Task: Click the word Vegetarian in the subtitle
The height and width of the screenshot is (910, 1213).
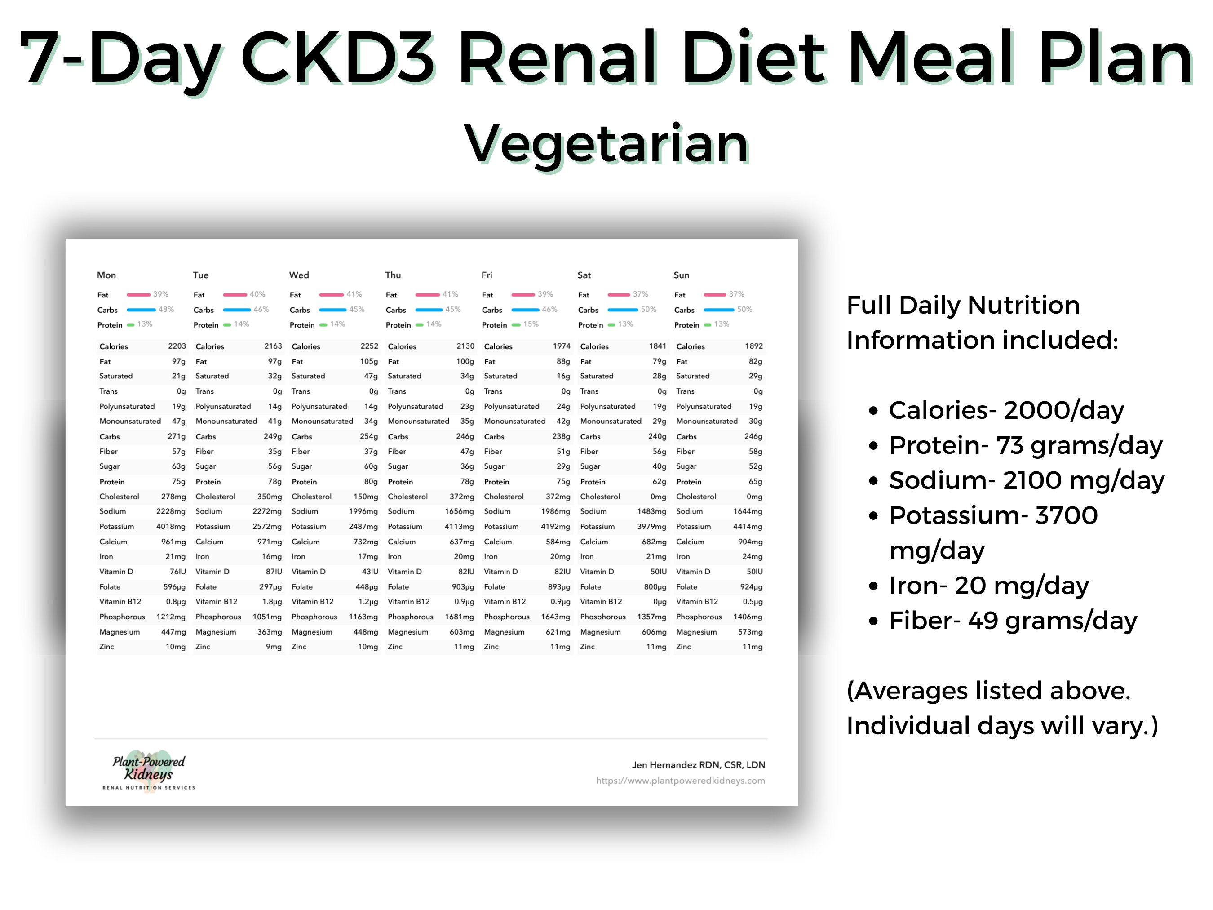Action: coord(606,144)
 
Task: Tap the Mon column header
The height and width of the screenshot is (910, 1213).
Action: coord(106,275)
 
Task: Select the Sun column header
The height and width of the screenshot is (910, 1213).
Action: coord(681,275)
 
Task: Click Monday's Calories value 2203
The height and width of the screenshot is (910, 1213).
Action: coord(177,346)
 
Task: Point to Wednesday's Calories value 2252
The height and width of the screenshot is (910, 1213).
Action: coord(369,346)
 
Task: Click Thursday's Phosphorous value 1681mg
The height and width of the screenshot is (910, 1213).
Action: coord(459,617)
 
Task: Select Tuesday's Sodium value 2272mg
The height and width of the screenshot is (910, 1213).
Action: coord(266,511)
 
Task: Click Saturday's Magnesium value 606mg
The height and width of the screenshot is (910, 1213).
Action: coord(654,632)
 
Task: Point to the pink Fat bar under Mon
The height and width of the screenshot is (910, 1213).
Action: coord(138,294)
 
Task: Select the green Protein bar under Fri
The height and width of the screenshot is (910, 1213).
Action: coord(515,325)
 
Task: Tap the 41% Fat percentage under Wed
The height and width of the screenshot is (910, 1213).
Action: coord(354,294)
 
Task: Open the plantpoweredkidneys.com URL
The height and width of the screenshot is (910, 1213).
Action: coord(680,781)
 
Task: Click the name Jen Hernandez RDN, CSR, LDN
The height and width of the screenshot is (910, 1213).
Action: coord(698,765)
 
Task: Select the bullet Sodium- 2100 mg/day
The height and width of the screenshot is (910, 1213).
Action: coord(1026,480)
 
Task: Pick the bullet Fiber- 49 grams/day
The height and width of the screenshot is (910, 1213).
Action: coord(1012,621)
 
